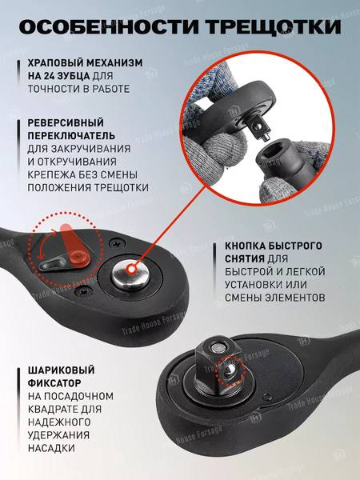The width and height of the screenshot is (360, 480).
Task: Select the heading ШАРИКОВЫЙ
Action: click(61, 370)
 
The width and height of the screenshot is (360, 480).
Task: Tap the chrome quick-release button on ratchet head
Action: click(129, 276)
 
